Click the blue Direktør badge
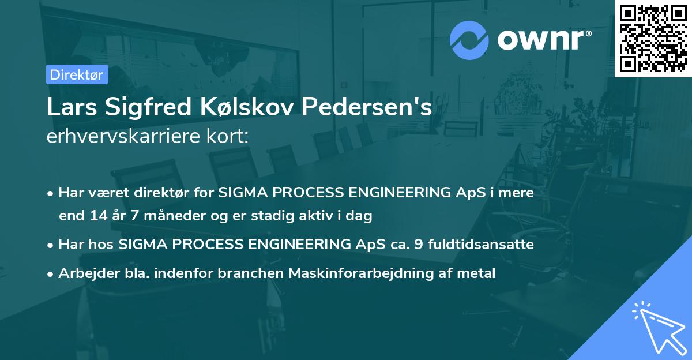click(76, 75)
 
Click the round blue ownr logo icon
click(469, 40)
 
